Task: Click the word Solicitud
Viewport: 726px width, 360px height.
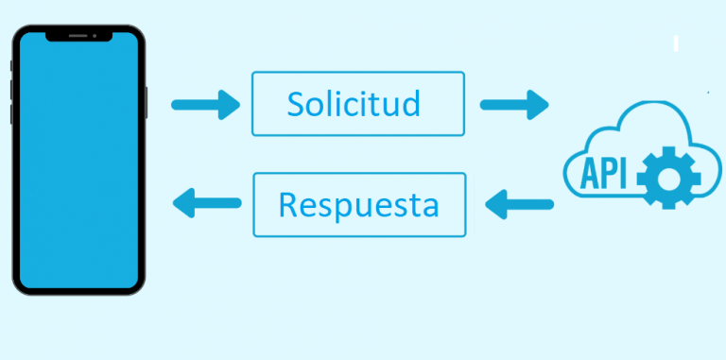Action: click(354, 103)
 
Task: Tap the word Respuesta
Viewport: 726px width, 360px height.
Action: click(359, 203)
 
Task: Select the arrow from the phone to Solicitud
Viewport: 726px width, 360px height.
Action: click(206, 104)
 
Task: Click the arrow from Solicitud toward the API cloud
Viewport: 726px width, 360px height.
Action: click(513, 104)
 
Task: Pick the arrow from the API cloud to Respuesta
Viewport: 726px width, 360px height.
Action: click(519, 202)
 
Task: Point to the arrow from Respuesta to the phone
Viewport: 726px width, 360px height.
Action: click(206, 200)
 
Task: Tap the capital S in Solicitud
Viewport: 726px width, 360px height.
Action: click(296, 103)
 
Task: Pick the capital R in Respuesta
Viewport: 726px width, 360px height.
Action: click(289, 203)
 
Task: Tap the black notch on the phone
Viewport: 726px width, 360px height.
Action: click(78, 37)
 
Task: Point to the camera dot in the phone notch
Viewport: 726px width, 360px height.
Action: click(95, 36)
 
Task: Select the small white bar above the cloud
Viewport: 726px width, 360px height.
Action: click(676, 43)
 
